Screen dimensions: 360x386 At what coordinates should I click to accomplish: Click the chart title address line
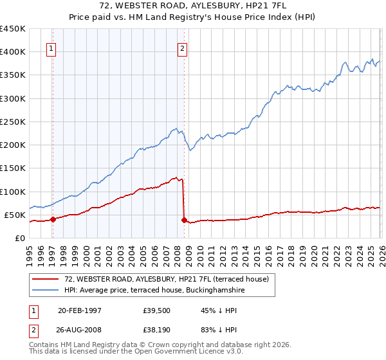click(192, 6)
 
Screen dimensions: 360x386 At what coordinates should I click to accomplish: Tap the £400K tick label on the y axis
click(12, 52)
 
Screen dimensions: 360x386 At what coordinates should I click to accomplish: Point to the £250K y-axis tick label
click(12, 122)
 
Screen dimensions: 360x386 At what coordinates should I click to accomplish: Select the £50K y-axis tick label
click(15, 215)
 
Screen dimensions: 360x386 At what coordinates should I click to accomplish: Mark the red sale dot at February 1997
click(53, 219)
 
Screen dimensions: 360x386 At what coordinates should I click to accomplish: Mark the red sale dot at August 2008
click(184, 220)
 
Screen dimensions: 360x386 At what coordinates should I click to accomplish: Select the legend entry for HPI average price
click(154, 291)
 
